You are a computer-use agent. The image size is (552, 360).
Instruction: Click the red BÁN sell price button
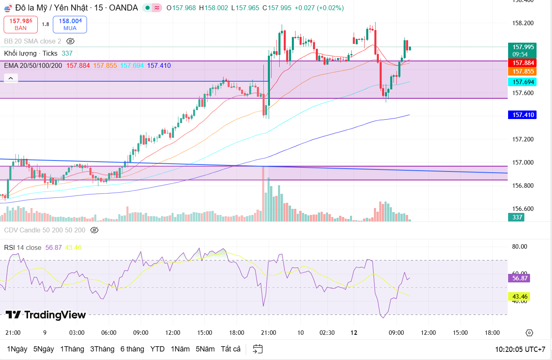[x=21, y=24]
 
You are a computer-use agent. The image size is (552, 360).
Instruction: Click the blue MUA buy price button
[x=70, y=24]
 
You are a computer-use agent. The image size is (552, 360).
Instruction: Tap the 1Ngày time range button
[x=17, y=349]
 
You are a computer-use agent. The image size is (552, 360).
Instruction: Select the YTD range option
[x=157, y=349]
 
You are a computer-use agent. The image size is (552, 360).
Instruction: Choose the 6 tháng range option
[x=132, y=349]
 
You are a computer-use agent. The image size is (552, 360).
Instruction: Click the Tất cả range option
[x=230, y=349]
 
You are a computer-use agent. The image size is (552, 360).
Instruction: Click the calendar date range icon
[x=258, y=349]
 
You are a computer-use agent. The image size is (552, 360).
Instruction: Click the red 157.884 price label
[x=522, y=63]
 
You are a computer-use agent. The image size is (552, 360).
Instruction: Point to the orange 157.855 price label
[x=522, y=72]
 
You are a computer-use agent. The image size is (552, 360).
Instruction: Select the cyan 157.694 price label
[x=522, y=82]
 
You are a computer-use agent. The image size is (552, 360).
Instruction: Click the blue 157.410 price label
[x=522, y=115]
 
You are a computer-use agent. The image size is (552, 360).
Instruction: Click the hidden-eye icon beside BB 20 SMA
[x=70, y=41]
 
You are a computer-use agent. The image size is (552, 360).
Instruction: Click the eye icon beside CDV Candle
[x=94, y=230]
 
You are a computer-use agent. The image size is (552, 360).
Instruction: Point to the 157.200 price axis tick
[x=522, y=139]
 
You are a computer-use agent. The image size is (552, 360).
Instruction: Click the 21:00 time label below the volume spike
[x=268, y=333]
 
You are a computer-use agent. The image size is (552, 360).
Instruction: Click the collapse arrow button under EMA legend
[x=11, y=78]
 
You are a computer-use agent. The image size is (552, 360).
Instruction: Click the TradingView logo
[x=46, y=315]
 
